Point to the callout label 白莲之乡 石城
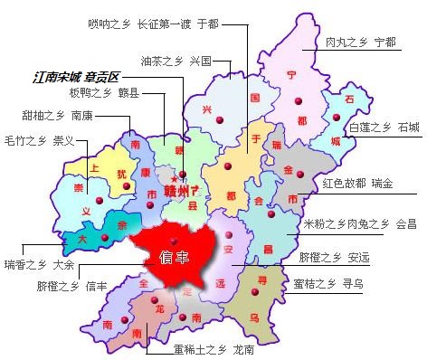coord(384,128)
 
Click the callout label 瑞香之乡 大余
coord(38,265)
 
